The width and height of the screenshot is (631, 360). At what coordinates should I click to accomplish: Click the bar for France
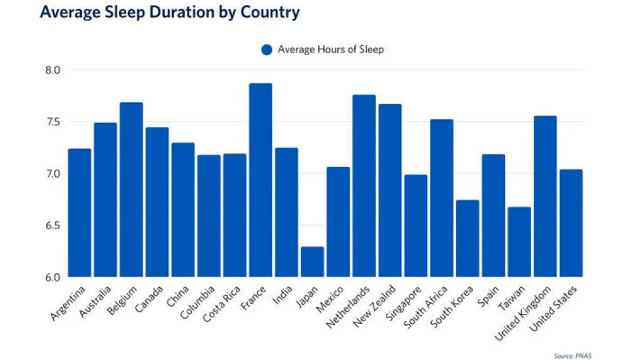(260, 180)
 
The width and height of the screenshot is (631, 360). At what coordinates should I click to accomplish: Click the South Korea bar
(467, 238)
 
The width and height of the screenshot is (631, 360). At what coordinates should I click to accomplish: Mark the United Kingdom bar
(545, 196)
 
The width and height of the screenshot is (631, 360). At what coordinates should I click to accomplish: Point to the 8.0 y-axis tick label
(53, 70)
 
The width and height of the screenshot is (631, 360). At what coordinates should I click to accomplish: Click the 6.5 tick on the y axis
(53, 225)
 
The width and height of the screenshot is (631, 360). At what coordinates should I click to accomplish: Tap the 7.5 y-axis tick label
(53, 122)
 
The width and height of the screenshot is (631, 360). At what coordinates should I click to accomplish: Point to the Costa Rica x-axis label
(220, 303)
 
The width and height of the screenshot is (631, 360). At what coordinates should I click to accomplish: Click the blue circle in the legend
(266, 50)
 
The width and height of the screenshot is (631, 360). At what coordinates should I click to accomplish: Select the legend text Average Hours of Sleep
(331, 50)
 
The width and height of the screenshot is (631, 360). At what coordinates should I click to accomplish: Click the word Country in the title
(269, 12)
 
